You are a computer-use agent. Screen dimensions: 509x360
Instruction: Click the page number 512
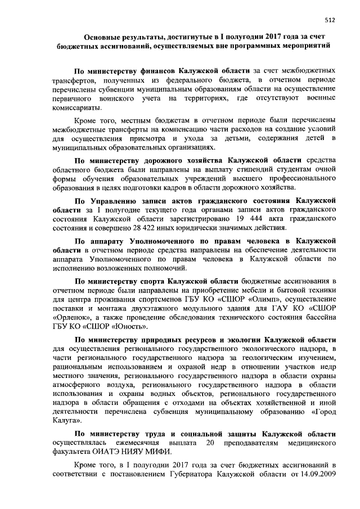coord(330,19)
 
